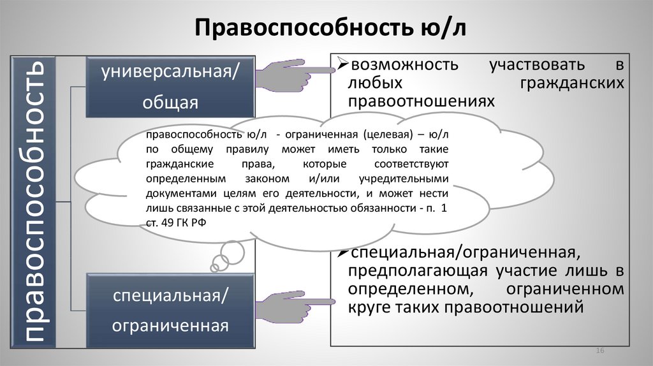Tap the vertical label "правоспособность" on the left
click(x=33, y=201)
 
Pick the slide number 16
click(x=599, y=352)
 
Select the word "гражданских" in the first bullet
click(x=571, y=83)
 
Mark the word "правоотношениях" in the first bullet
click(x=422, y=101)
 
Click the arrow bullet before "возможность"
click(x=341, y=64)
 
